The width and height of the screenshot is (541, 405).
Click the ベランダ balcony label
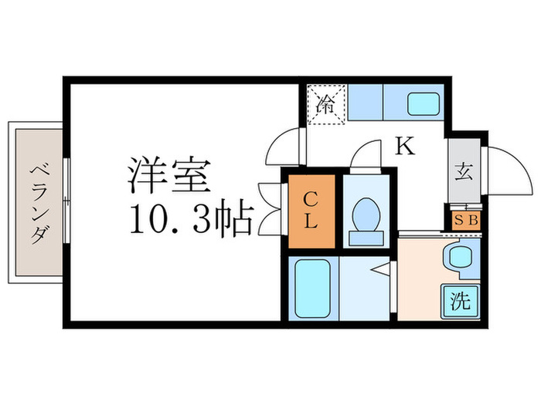coord(36,203)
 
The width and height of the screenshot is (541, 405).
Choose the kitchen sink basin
coord(420,103)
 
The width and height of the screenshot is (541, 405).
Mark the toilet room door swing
coord(368,156)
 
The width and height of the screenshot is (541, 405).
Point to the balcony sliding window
coord(67,203)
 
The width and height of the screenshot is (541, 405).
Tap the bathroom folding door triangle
coord(382,271)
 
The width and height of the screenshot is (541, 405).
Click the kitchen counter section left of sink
coord(366,103)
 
